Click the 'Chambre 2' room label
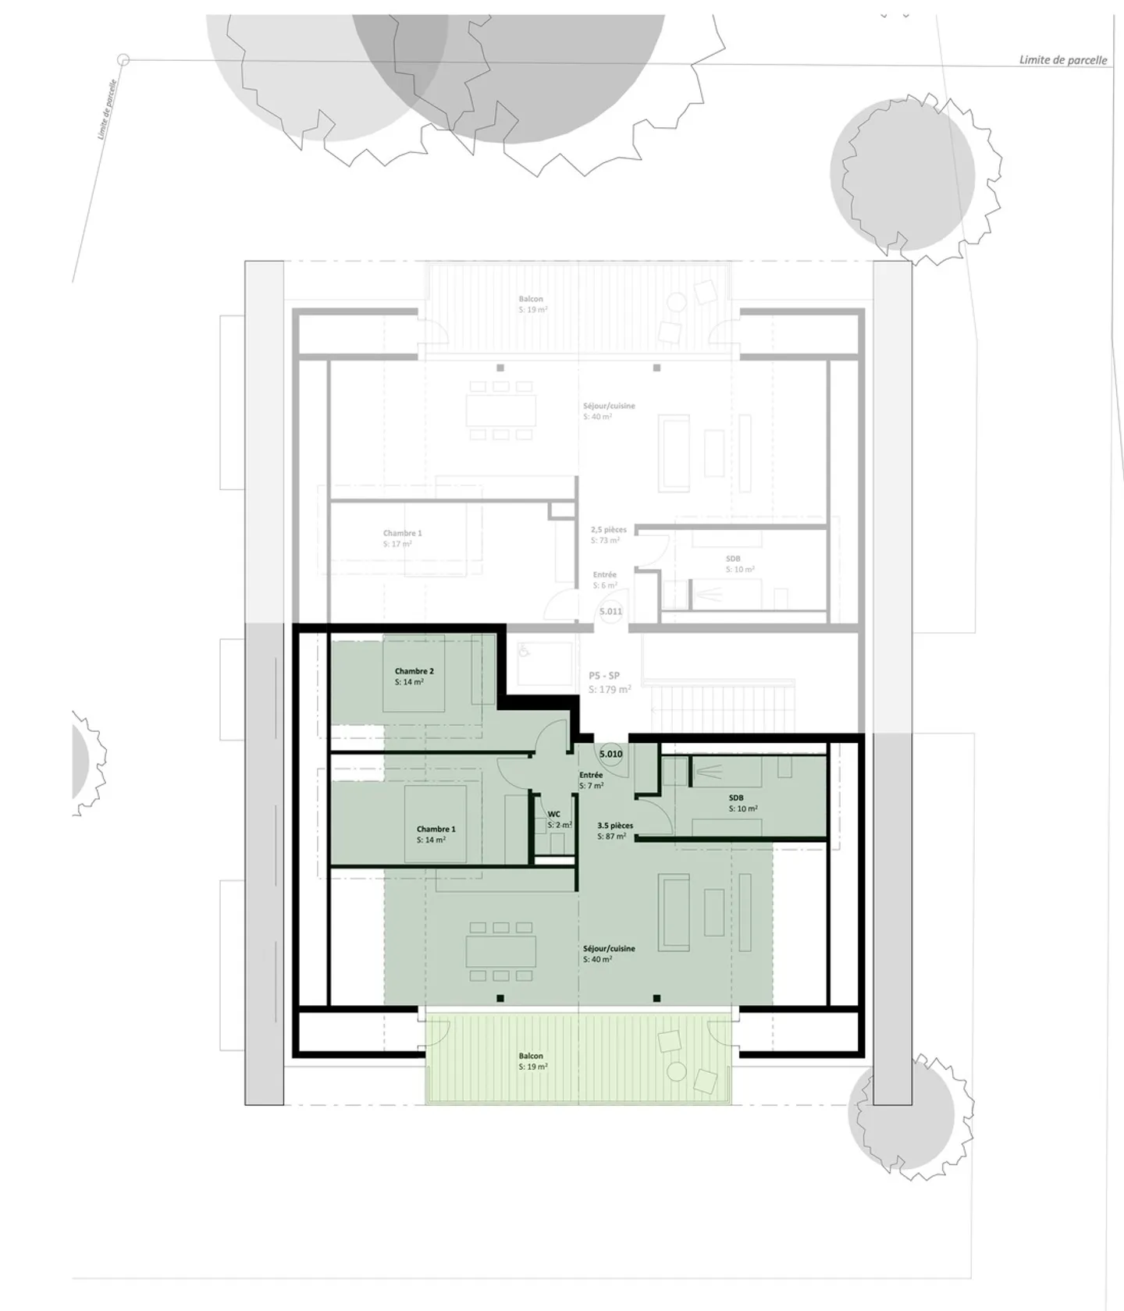tap(414, 671)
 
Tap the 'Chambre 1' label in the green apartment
tap(436, 829)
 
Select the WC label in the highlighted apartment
tap(553, 814)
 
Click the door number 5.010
tap(610, 754)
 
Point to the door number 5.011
tap(610, 611)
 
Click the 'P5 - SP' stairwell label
tap(604, 676)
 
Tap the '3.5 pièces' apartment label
tap(615, 825)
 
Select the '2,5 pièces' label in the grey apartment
tap(608, 529)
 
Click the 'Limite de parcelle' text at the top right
tap(1062, 60)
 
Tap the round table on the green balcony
tap(676, 1071)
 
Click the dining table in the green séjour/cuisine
tap(501, 951)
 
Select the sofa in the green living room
tap(674, 912)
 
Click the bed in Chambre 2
tap(413, 673)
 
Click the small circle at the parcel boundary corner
tap(123, 59)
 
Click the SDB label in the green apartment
tap(735, 798)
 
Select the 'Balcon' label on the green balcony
tap(531, 1056)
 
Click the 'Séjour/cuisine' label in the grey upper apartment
tap(609, 406)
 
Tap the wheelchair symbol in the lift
tap(525, 649)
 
